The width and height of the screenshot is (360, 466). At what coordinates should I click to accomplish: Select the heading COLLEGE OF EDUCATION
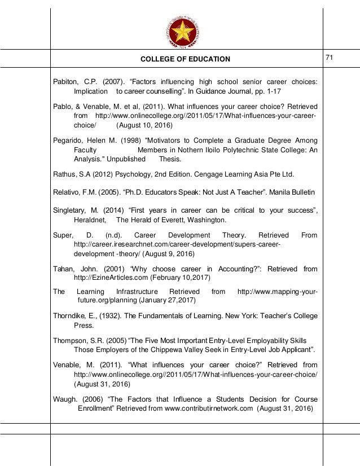(x=185, y=59)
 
